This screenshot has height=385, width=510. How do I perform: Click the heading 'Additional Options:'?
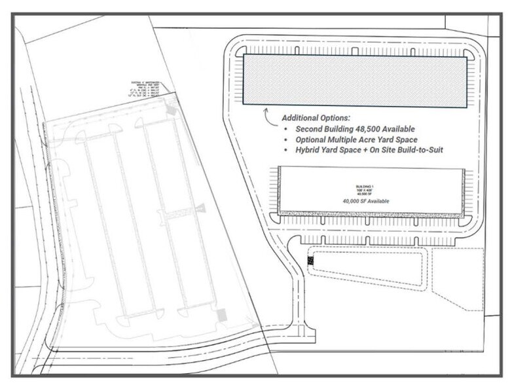[x=316, y=118]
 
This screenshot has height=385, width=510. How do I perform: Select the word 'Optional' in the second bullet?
[x=312, y=139]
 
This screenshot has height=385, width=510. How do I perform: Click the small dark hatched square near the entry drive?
[x=311, y=260]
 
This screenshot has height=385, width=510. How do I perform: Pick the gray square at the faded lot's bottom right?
[x=222, y=315]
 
